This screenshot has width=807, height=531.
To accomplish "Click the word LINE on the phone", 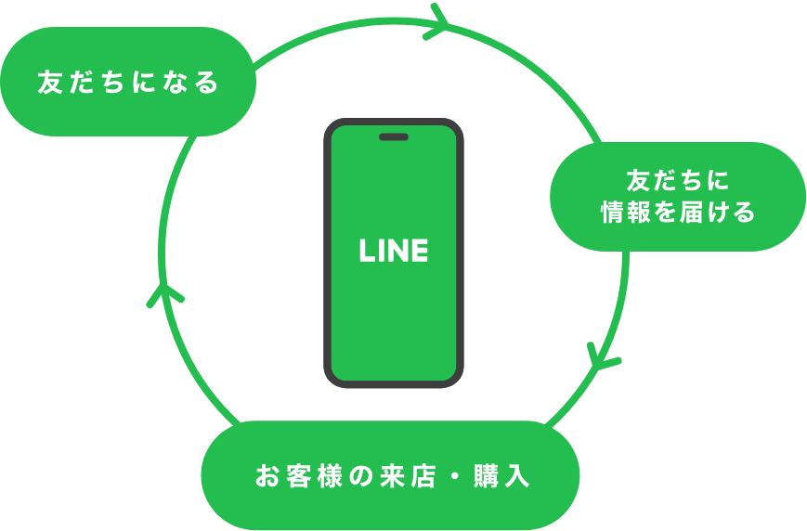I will pos(394,251).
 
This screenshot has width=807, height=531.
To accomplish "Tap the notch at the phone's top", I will pos(394,137).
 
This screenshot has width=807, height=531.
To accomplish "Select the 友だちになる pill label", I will pos(127,83).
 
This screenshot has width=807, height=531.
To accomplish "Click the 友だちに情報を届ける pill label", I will pos(678,196).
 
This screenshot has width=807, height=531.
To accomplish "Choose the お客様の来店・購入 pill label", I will pos(391,476).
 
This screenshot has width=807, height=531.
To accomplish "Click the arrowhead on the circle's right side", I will pos(605,356).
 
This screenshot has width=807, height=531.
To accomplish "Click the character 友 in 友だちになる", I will pos(49,83).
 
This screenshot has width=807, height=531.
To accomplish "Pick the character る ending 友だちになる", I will pos(207,83).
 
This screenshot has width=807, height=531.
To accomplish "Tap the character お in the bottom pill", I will pos(267,477).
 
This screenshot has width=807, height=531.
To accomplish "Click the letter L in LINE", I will pos(366,251).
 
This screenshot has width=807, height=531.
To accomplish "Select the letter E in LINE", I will pos(420,251).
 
